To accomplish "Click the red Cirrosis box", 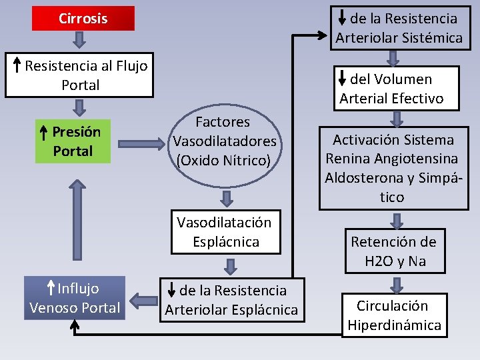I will coord(83,19).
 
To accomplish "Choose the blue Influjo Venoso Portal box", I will coord(75,298).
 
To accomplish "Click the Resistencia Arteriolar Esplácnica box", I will coord(232,300).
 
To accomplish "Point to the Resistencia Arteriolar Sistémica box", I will coord(399,28).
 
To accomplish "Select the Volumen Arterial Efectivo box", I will coord(391,89).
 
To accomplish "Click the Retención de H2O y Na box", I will coord(393,251).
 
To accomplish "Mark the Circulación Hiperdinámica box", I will coord(393,315).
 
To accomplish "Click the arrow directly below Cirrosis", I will coord(79,41).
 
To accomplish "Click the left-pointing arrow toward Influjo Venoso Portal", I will coord(142,299).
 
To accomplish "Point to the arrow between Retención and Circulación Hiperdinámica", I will coord(396,283).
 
